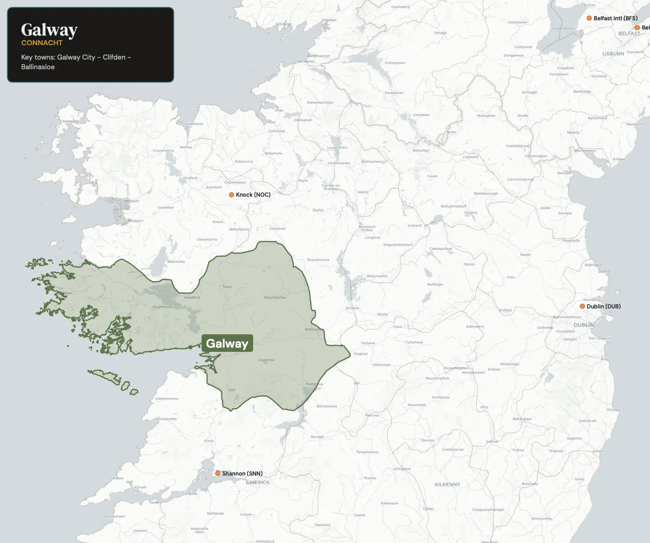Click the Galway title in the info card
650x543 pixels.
click(49, 30)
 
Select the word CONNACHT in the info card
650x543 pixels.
click(42, 43)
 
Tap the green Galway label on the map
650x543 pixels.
click(227, 343)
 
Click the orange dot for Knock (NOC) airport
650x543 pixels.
click(231, 195)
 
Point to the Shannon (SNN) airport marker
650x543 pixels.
click(218, 473)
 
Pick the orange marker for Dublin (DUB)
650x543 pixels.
click(583, 306)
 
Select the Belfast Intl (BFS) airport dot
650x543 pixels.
click(589, 18)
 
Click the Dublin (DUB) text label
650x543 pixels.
click(603, 307)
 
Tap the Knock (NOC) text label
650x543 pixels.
click(253, 195)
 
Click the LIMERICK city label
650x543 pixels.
click(258, 483)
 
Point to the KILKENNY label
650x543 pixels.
click(447, 484)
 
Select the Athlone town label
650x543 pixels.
click(352, 308)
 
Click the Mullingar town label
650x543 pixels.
click(435, 284)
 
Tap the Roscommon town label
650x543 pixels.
click(318, 260)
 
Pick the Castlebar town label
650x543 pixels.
click(166, 207)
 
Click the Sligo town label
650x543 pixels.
click(279, 110)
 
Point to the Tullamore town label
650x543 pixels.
click(414, 342)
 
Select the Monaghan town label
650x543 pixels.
click(486, 116)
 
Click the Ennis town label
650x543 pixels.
click(209, 441)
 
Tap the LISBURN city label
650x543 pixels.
click(613, 54)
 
